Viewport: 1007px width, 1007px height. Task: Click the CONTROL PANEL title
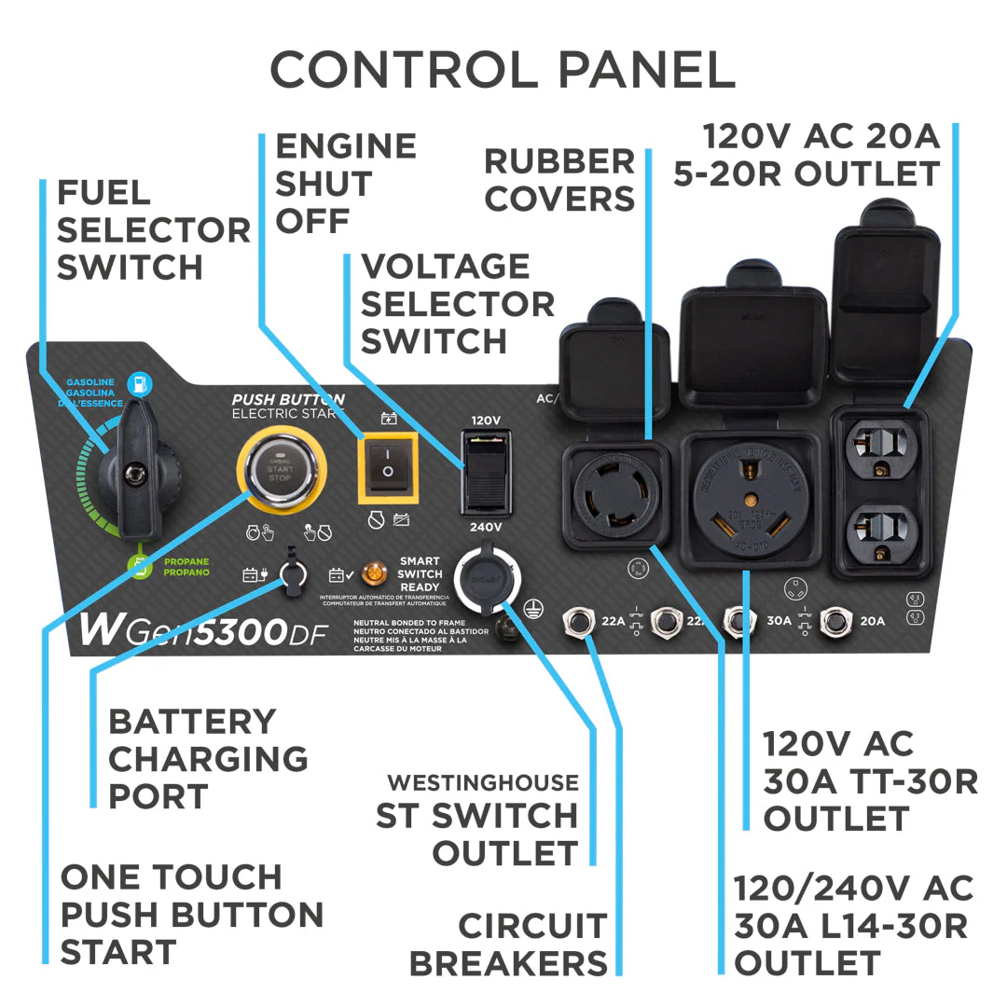(502, 70)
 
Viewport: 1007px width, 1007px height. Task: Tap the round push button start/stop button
(281, 465)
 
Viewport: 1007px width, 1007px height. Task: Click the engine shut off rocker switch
(385, 465)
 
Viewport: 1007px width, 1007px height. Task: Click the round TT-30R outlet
(749, 493)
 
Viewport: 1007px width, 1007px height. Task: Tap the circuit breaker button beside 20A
(833, 620)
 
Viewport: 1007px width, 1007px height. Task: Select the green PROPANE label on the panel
(186, 567)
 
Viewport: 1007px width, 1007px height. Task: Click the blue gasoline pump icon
(140, 382)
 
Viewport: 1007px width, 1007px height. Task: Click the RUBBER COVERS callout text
(559, 179)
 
